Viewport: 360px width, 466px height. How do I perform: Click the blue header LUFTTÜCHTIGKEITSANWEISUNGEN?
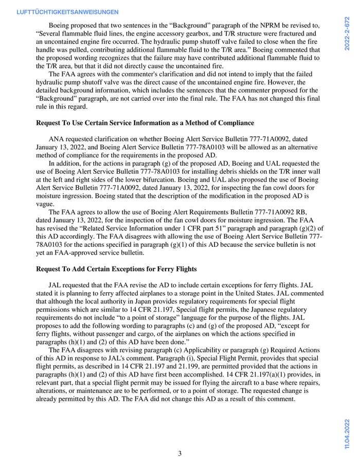coord(68,12)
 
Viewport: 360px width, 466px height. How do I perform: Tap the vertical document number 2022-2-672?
coord(348,33)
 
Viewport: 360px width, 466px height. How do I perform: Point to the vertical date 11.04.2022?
coord(348,435)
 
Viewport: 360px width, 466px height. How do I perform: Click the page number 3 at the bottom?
coord(179,453)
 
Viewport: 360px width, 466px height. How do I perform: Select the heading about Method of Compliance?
coord(145,122)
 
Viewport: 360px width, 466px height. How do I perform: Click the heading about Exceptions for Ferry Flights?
coord(116,269)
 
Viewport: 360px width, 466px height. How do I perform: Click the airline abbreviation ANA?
coord(57,139)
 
